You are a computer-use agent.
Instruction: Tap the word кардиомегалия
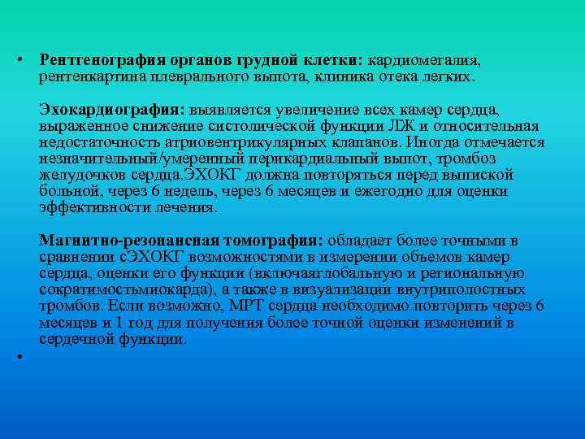point(425,61)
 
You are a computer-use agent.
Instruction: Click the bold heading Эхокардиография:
point(112,110)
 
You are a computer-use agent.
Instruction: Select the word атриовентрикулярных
point(210,143)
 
